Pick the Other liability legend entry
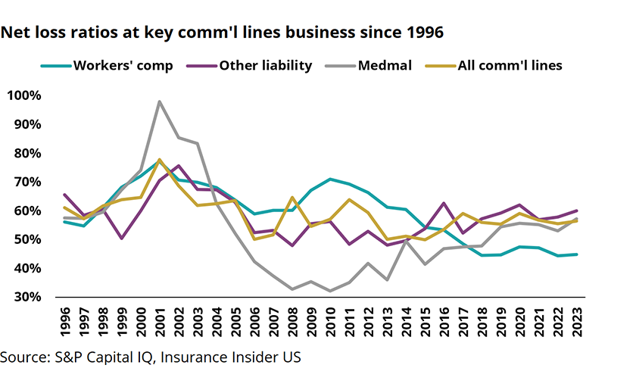(x=265, y=65)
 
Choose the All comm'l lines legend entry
(x=510, y=65)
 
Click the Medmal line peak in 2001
(x=160, y=101)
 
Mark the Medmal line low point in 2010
(x=331, y=291)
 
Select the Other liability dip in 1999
(x=121, y=239)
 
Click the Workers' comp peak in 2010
(x=330, y=179)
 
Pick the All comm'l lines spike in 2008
(x=291, y=197)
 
